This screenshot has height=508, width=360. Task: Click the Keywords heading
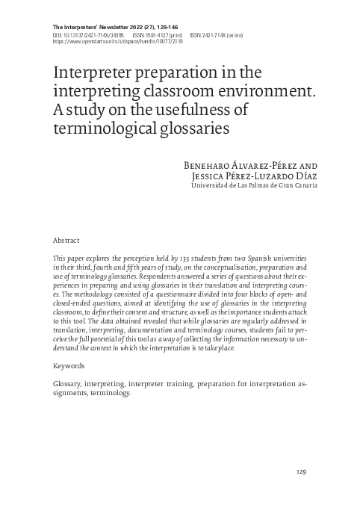pos(69,366)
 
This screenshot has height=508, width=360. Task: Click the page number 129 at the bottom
pos(301,472)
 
